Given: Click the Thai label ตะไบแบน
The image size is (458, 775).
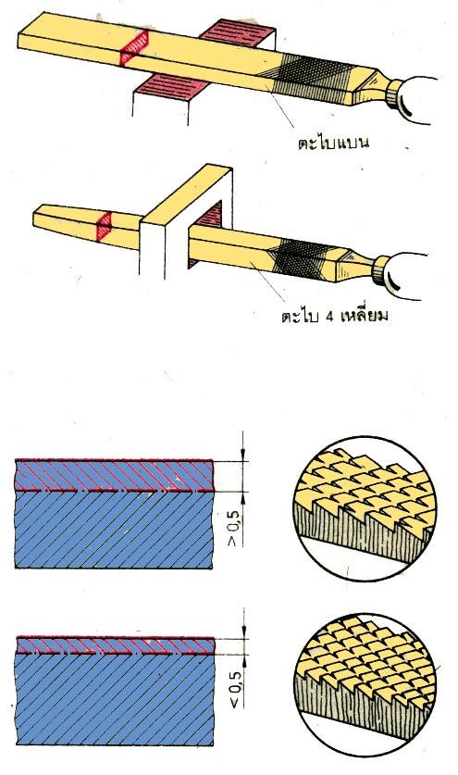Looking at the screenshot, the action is point(333,143).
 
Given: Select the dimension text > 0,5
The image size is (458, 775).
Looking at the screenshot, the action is point(233,528).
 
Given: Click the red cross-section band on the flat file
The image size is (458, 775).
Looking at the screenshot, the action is point(134,48).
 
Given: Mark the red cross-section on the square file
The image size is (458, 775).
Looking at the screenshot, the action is point(105,227).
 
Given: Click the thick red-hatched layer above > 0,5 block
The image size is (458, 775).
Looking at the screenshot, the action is point(115,476).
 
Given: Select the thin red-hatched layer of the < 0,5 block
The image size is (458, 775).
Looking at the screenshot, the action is point(116,645).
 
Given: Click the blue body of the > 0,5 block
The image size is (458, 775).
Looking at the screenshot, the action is point(115,530).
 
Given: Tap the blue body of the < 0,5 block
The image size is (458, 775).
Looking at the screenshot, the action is point(116,699).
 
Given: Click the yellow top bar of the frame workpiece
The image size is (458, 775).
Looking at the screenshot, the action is point(187,195).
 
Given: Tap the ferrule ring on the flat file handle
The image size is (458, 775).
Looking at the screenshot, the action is point(393,94).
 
